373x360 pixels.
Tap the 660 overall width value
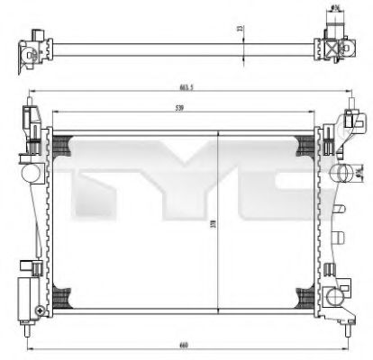tap(185, 344)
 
